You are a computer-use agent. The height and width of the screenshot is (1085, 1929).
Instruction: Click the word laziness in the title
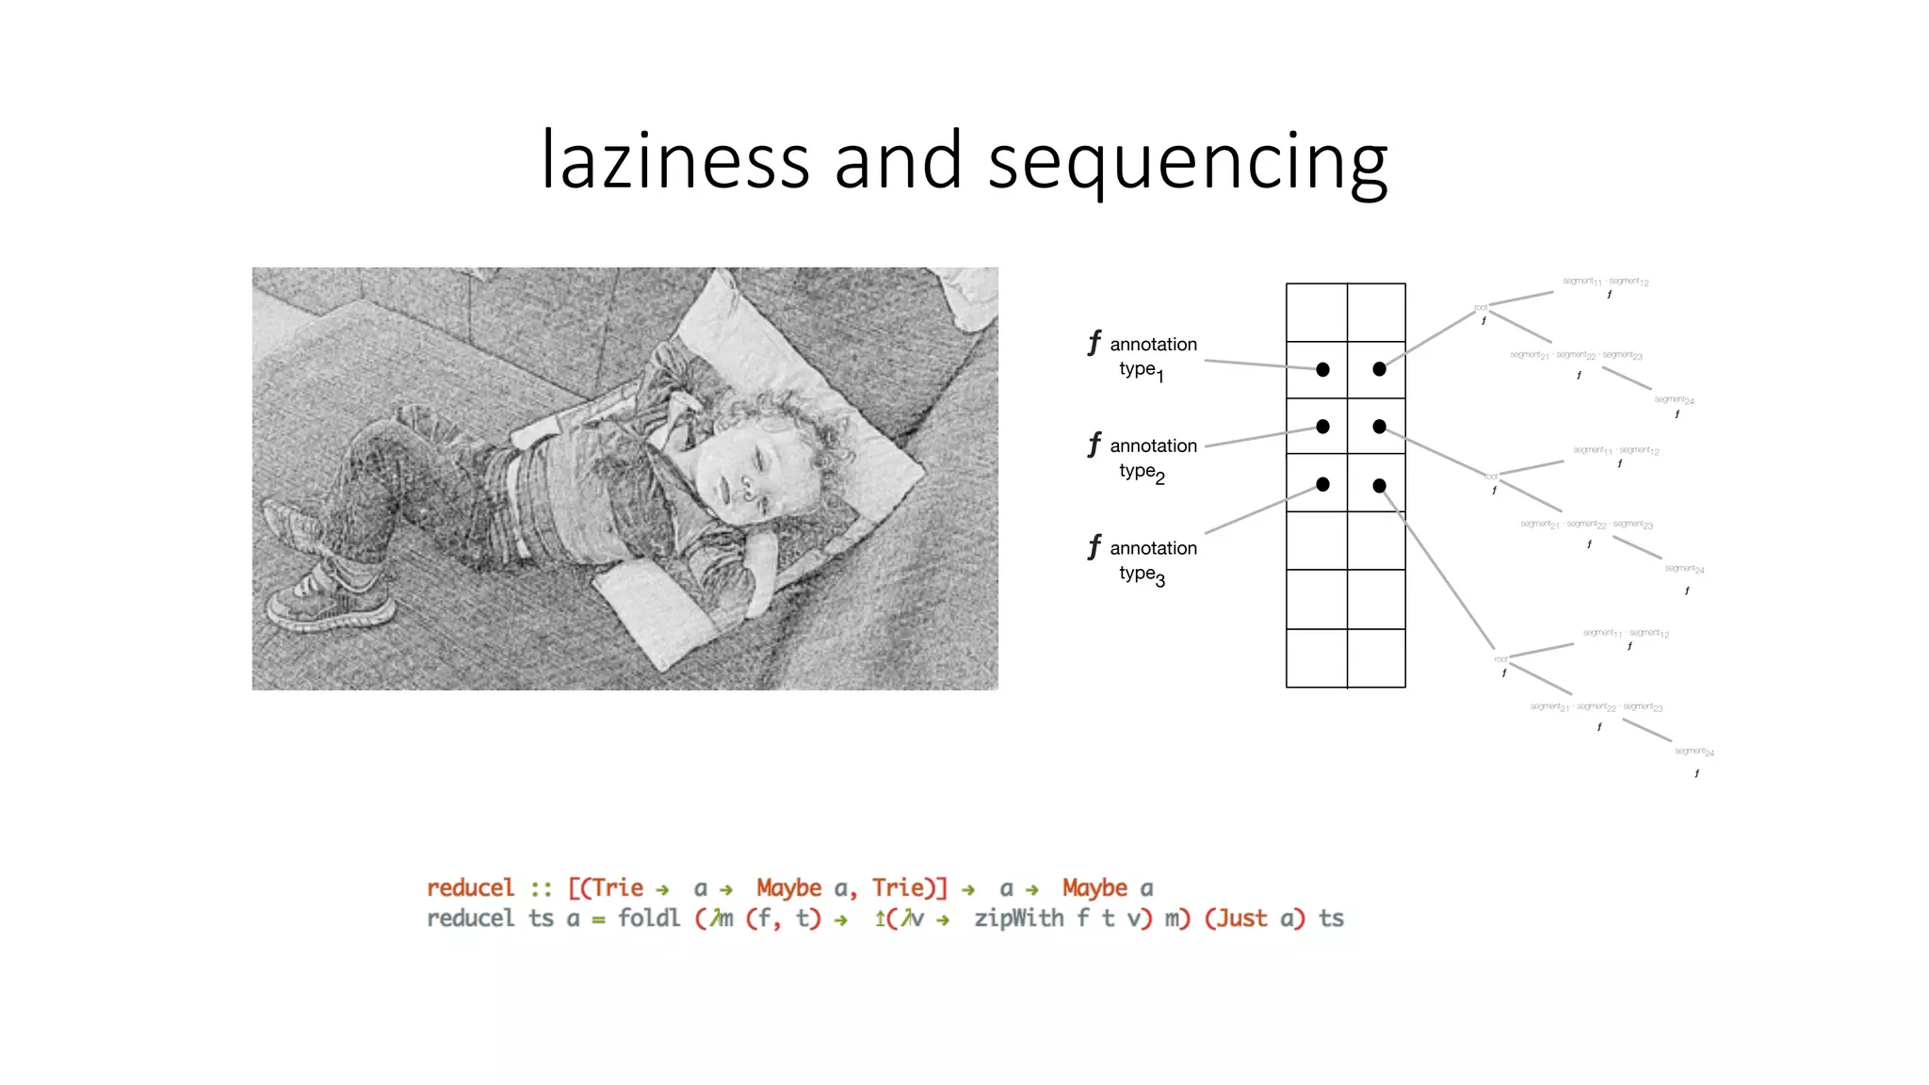[674, 160]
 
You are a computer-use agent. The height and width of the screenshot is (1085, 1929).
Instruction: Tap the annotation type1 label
[1152, 357]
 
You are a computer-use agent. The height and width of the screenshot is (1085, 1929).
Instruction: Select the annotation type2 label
[1152, 459]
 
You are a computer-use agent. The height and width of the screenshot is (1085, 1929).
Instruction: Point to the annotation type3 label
[1152, 561]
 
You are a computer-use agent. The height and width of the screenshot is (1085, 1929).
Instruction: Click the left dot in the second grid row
[1322, 369]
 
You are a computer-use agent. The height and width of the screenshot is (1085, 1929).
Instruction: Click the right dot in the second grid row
[1379, 369]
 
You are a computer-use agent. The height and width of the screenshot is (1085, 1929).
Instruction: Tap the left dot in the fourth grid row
[1322, 484]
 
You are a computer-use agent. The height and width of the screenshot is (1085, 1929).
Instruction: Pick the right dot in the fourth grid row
[1379, 486]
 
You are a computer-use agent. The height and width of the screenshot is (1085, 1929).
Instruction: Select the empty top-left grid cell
[1317, 313]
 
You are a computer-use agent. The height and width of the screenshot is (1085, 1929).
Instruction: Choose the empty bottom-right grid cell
[1376, 658]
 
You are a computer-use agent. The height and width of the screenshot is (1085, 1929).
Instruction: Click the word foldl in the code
[648, 918]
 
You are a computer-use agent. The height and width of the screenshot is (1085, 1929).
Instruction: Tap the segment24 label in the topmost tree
[1674, 400]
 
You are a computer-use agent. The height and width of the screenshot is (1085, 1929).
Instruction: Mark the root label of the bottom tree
[1500, 659]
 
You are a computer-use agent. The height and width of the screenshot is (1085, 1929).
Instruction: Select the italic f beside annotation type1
[1094, 343]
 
